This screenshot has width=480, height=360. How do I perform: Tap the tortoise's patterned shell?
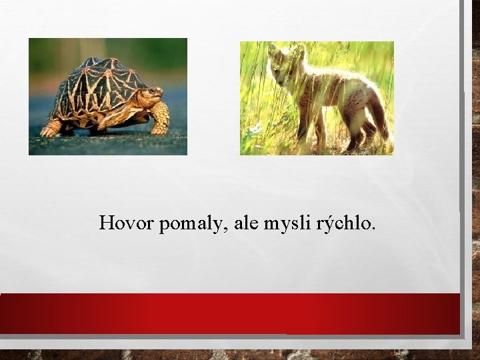(103, 87)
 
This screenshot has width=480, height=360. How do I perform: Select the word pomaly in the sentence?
(189, 225)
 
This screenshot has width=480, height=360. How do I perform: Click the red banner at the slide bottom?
(230, 313)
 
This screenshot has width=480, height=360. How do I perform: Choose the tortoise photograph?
(107, 96)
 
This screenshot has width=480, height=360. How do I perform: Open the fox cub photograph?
(317, 98)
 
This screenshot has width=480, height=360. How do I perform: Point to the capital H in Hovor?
(106, 223)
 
